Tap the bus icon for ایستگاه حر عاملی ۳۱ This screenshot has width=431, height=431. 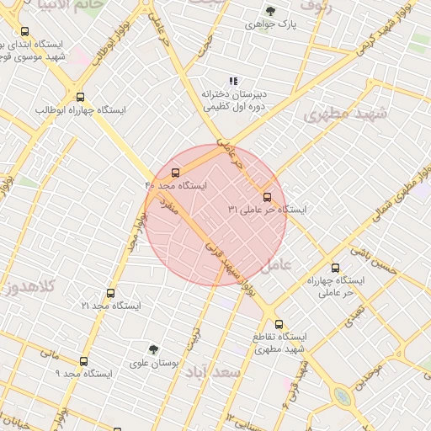pos(268,197)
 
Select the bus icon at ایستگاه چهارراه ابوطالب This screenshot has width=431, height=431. pos(80,97)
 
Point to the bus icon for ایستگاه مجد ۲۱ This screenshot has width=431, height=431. pos(110,293)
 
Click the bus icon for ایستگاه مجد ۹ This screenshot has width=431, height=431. pos(82,360)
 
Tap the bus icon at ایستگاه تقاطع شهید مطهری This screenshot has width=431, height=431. pos(279,324)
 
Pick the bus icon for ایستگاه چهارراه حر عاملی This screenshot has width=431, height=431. pos(335,267)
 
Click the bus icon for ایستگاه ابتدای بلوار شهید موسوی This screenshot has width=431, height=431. pos(24,31)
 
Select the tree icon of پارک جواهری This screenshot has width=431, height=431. pos(270,11)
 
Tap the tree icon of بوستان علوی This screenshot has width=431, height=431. pos(153,349)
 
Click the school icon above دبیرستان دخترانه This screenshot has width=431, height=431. pos(234,81)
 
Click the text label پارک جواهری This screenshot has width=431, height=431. pos(269,24)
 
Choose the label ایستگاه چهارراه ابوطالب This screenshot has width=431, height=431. pos(81,110)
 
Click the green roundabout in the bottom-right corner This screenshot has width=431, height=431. pos(341,396)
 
